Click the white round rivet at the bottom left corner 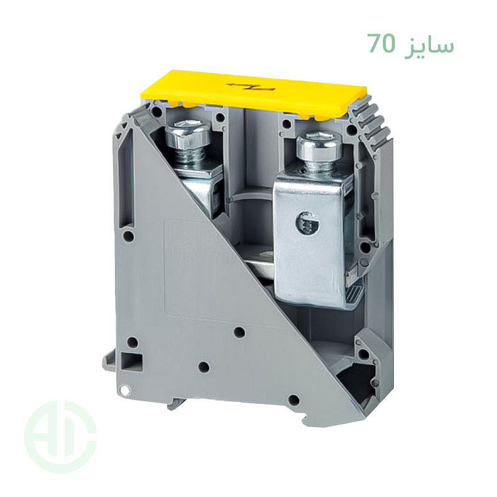click(x=125, y=391)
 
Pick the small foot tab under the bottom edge click(x=178, y=404)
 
